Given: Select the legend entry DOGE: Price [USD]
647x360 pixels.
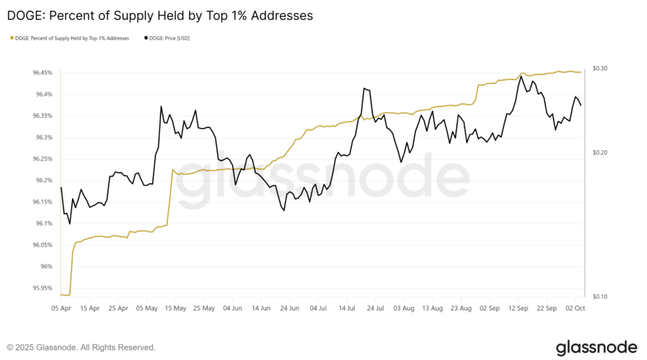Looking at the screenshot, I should [169, 39].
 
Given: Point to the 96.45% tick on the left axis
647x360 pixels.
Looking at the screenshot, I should [44, 73].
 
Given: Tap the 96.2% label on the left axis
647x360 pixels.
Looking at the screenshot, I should [45, 181].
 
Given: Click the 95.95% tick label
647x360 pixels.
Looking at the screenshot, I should [44, 288].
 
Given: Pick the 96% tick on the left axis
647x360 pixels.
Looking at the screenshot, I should [48, 267].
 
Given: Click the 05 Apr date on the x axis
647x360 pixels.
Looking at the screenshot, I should [61, 309].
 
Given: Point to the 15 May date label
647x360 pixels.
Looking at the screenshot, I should [175, 309].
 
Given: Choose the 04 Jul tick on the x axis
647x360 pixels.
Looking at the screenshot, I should [317, 309].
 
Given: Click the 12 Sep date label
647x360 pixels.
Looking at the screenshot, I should [519, 309].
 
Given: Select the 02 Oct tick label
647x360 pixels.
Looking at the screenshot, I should [576, 309].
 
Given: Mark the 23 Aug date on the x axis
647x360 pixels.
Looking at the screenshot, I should [461, 309].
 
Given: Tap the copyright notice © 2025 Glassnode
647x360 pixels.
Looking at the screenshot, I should [81, 347].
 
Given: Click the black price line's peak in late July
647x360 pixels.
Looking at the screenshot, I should [365, 88].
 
